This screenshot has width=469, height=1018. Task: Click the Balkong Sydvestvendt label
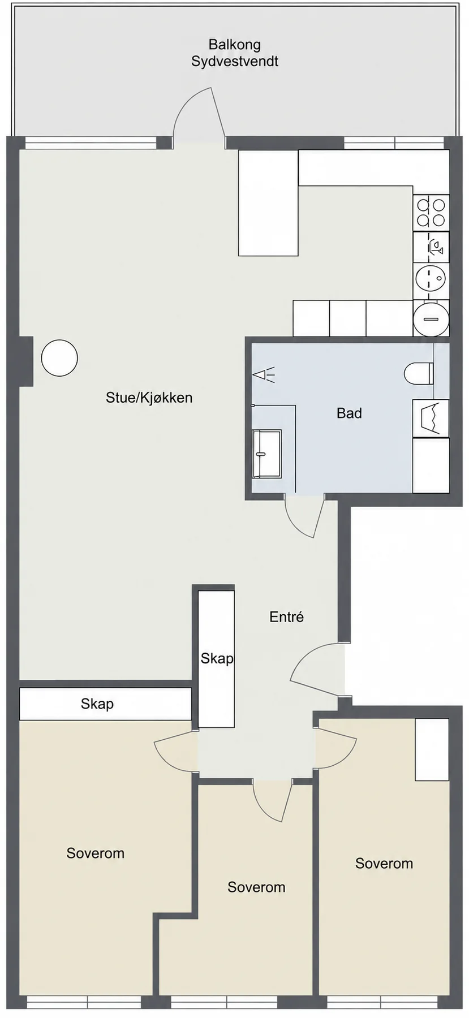[x=234, y=53]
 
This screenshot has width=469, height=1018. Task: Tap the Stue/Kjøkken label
[x=149, y=398]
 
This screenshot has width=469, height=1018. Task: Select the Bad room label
[x=349, y=413]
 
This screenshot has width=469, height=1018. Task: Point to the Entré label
[x=286, y=616]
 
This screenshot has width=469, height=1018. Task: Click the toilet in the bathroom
[x=419, y=373]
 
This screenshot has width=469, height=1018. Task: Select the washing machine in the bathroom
[x=431, y=419]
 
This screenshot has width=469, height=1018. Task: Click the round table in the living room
[x=59, y=358]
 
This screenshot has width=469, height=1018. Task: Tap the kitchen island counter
[x=268, y=202]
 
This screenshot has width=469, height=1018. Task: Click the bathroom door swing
[x=304, y=516]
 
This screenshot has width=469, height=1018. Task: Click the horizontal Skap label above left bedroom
[x=97, y=704]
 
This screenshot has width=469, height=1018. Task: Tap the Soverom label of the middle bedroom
[x=256, y=887]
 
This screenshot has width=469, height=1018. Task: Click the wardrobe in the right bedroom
[x=432, y=749]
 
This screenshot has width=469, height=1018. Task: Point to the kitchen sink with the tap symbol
[x=431, y=247]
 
